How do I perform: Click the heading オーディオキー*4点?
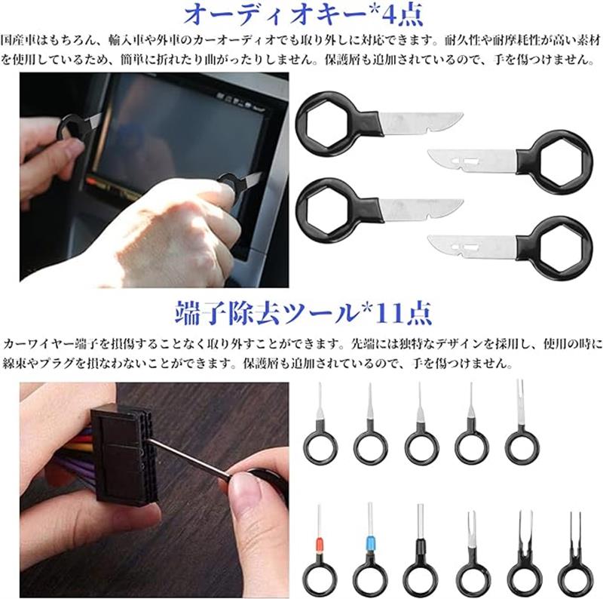coord(303,14)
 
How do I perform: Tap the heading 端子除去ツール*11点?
coord(304,313)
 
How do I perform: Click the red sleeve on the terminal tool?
coord(319,545)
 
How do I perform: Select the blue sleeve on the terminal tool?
coord(370,544)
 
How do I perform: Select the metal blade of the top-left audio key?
coord(421,123)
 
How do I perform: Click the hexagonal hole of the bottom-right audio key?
coord(561,248)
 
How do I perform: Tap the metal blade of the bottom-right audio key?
coord(472,247)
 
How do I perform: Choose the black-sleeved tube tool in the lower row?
coord(421,551)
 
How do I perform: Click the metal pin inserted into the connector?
coord(189,460)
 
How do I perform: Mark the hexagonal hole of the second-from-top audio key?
coord(561,161)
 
